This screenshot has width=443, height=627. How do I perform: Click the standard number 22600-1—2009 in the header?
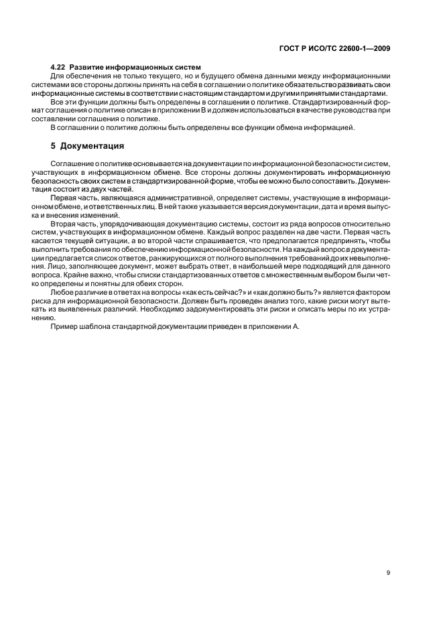367,48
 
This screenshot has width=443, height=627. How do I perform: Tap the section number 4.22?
59,68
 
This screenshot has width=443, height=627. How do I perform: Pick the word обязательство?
304,86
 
